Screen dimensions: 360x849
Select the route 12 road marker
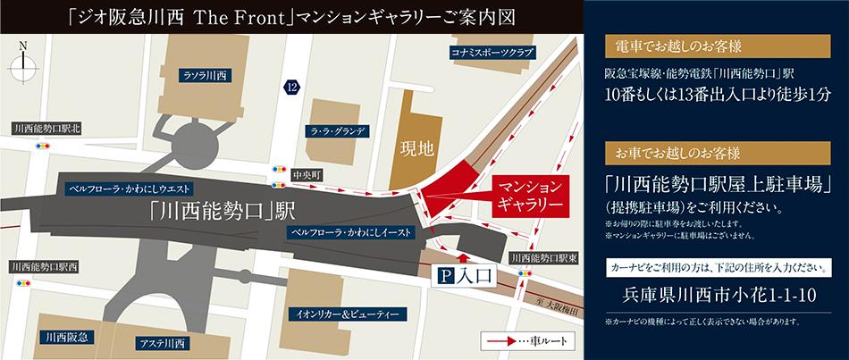coord(292,86)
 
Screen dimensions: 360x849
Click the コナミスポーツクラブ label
coord(492,54)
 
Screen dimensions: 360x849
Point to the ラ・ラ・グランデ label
coord(336,130)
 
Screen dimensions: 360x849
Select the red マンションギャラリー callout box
coord(532,195)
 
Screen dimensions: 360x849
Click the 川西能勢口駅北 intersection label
coord(47,129)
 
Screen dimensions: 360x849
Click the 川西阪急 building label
coord(70,337)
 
